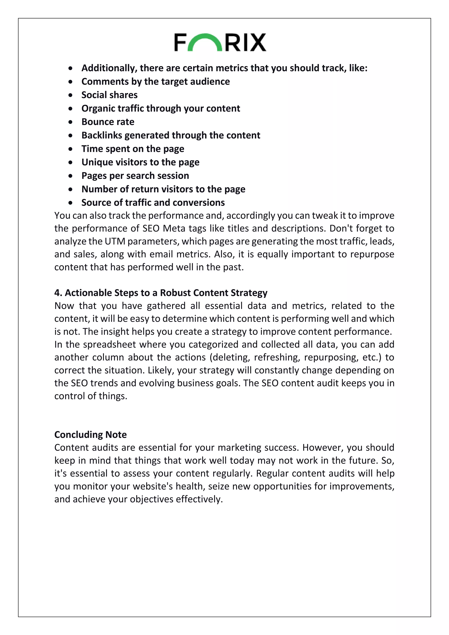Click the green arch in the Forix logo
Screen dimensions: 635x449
pos(205,39)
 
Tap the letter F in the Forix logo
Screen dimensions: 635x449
pos(181,43)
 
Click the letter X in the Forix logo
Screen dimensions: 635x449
pos(257,43)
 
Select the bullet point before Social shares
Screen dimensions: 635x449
pos(71,95)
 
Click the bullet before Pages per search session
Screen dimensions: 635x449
pos(71,176)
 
